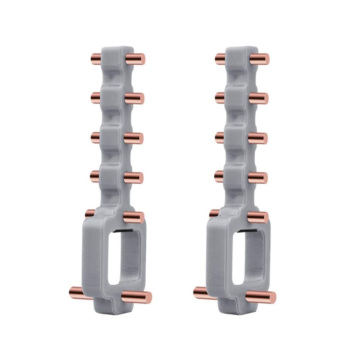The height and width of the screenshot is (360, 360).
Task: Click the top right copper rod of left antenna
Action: pyautogui.click(x=135, y=58)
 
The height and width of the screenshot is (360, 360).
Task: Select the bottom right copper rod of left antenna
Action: pyautogui.click(x=137, y=297)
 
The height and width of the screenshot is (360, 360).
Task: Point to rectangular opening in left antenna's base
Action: pyautogui.click(x=124, y=257)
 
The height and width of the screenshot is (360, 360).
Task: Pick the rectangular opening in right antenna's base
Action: pyautogui.click(x=248, y=257)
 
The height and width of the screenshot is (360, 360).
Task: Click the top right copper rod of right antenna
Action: pyautogui.click(x=260, y=59)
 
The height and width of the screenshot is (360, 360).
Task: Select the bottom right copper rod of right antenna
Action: pyautogui.click(x=261, y=297)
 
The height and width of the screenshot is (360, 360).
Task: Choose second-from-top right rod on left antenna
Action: pyautogui.click(x=134, y=98)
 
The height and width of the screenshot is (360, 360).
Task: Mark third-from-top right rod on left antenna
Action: pyautogui.click(x=134, y=138)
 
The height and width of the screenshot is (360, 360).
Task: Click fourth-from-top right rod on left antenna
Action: pyautogui.click(x=134, y=177)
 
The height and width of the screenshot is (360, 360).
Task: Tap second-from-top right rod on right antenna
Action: pyautogui.click(x=259, y=98)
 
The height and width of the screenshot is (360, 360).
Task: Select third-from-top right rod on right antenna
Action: pyautogui.click(x=258, y=138)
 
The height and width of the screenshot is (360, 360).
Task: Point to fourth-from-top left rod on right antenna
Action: pyautogui.click(x=220, y=176)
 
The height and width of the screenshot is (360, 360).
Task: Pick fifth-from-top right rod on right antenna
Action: pyautogui.click(x=258, y=217)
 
